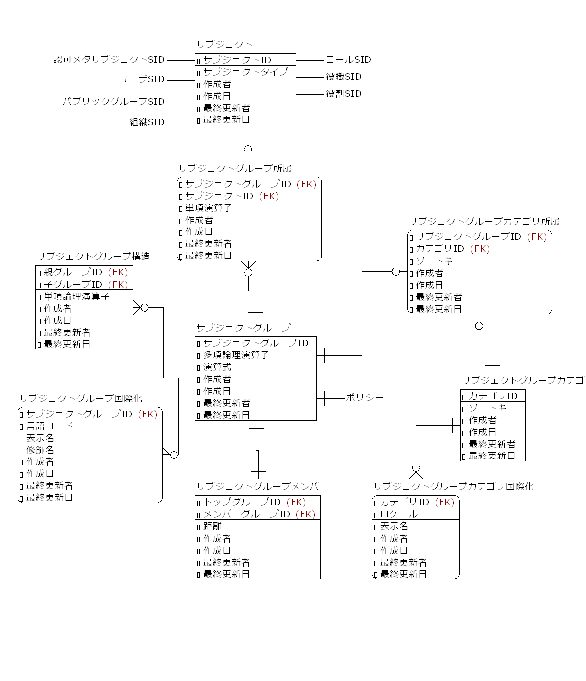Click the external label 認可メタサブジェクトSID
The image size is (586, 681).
(109, 60)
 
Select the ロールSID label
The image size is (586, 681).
(348, 60)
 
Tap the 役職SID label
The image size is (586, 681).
(343, 77)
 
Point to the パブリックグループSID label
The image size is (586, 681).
(114, 102)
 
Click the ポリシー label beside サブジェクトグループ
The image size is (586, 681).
(364, 398)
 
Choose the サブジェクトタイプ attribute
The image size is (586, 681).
(245, 72)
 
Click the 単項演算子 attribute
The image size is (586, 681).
(208, 208)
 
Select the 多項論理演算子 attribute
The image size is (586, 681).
(236, 355)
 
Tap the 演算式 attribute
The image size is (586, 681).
(217, 367)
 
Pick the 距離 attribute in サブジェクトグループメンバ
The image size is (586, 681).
(212, 526)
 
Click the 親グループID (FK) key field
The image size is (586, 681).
(85, 272)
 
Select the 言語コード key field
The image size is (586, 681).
(49, 426)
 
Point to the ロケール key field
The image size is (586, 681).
(399, 514)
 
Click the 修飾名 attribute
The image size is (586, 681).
(40, 450)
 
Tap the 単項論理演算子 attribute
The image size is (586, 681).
(76, 296)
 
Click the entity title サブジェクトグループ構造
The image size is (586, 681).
(93, 257)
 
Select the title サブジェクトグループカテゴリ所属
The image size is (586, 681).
(484, 222)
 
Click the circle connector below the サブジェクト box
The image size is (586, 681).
(248, 149)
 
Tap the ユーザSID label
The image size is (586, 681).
(142, 79)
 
